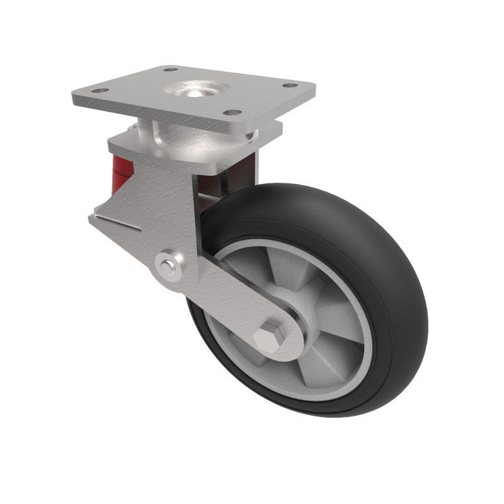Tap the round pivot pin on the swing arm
(168, 266)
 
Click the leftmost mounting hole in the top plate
(96, 91)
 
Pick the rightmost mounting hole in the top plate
(290, 86)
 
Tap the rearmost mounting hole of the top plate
(169, 69)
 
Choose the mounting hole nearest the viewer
(233, 113)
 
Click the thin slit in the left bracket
(117, 222)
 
